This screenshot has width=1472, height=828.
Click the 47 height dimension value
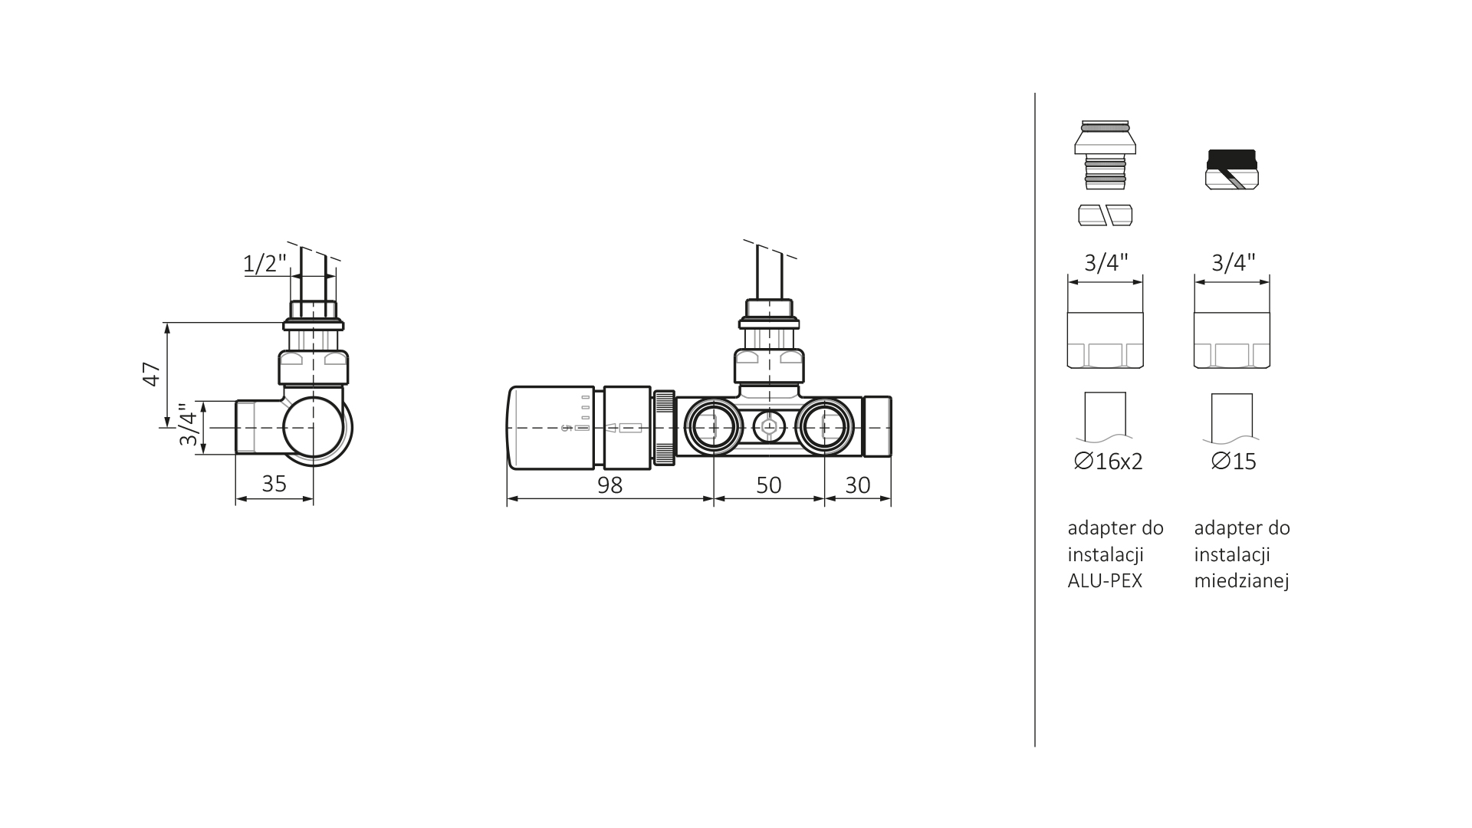[x=152, y=374]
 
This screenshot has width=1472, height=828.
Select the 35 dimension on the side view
[x=274, y=483]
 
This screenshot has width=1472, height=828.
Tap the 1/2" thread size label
[x=264, y=264]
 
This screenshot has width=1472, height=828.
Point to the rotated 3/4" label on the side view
[x=188, y=425]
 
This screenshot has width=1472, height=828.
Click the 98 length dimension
[x=609, y=485]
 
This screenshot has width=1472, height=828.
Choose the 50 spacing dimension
[x=768, y=485]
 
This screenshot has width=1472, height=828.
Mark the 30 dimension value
[x=858, y=485]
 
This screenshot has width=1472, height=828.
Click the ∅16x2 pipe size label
[x=1109, y=462]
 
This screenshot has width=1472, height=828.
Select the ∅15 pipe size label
[x=1234, y=462]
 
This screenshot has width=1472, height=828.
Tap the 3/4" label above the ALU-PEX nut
[x=1106, y=263]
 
